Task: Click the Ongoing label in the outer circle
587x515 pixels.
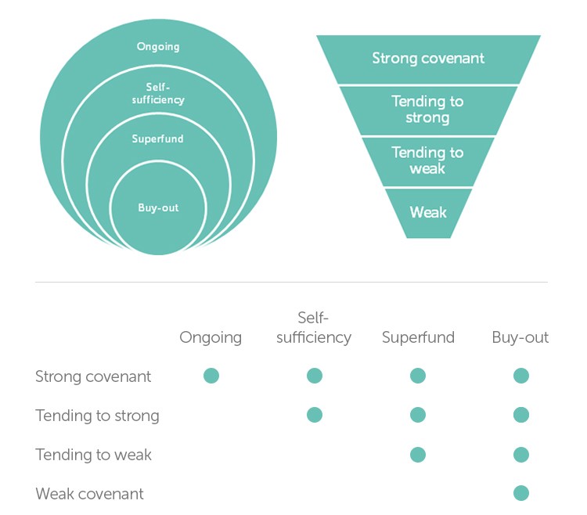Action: click(158, 47)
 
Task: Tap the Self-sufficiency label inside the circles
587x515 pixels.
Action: click(158, 94)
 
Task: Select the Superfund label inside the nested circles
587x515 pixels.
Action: click(158, 139)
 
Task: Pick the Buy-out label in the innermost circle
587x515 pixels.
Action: click(158, 208)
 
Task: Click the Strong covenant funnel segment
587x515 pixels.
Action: click(428, 59)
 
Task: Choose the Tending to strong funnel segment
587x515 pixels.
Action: click(428, 110)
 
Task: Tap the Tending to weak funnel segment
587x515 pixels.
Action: click(428, 160)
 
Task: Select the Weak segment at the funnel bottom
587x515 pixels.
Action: click(428, 212)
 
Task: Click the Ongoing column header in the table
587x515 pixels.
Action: click(211, 337)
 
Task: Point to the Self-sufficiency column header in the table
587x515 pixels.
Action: click(314, 328)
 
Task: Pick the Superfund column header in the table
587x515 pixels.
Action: click(418, 337)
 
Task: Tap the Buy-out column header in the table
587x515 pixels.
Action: click(520, 337)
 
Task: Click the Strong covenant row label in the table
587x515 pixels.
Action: click(93, 376)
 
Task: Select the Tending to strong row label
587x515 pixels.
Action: click(97, 416)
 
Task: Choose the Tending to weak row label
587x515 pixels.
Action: click(93, 455)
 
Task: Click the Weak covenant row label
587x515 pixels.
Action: click(89, 494)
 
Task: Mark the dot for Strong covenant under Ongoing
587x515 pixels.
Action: click(211, 376)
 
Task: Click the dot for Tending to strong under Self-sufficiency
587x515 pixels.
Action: click(315, 415)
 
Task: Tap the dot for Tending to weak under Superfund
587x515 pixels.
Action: click(418, 454)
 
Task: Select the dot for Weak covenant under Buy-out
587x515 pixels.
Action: click(521, 493)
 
